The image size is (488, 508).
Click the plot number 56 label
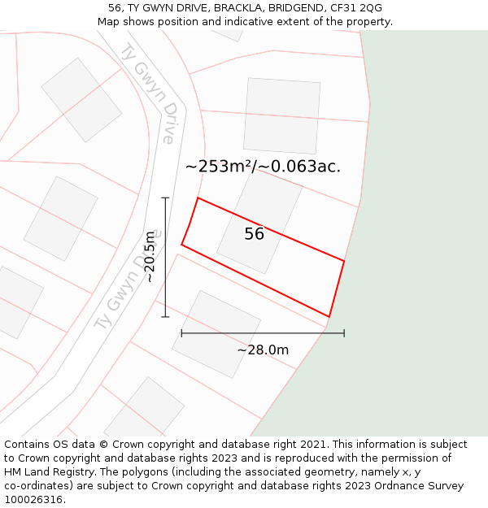click(x=254, y=234)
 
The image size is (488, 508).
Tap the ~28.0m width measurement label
click(x=263, y=350)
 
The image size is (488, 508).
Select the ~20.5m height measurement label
click(x=150, y=257)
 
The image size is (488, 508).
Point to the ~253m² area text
click(x=220, y=167)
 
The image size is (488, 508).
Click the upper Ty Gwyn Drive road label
click(x=148, y=93)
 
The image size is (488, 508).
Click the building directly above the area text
click(x=281, y=115)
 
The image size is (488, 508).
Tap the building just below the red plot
click(x=216, y=334)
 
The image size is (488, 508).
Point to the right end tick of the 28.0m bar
click(x=344, y=332)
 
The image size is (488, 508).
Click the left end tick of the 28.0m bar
click(x=181, y=332)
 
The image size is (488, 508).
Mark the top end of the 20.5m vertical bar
click(x=165, y=198)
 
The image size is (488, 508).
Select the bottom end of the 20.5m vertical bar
click(x=165, y=316)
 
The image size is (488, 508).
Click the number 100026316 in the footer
click(x=33, y=500)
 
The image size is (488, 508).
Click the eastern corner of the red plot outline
click(x=344, y=262)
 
